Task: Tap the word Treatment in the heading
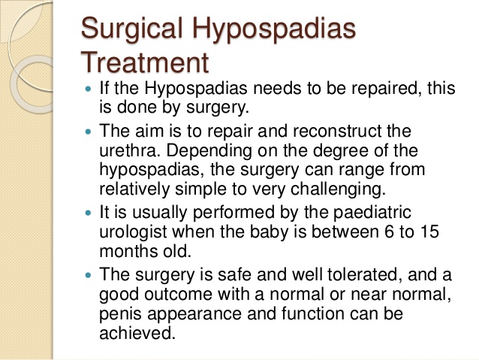coord(145,62)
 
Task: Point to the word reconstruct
coord(337,132)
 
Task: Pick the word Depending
coord(209,152)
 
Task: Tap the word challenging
coord(338,189)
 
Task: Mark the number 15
coord(429,231)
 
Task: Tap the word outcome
coord(178,295)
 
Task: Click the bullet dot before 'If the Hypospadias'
coord(89,89)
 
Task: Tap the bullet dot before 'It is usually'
coord(89,213)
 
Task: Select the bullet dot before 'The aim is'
coord(89,132)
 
